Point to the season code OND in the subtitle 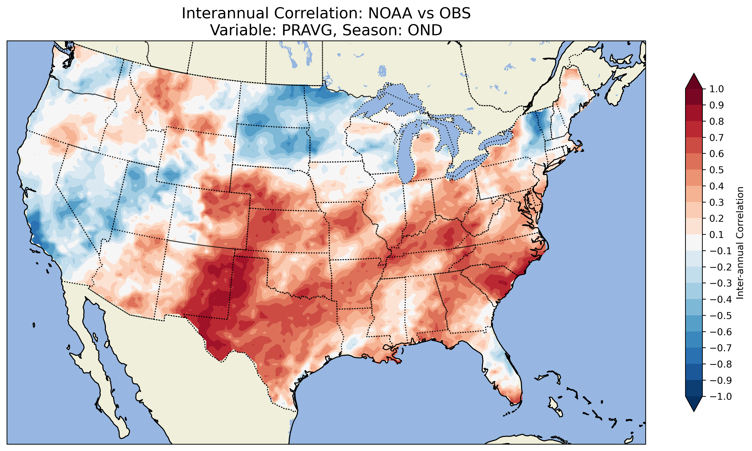425,30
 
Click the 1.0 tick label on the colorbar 717,89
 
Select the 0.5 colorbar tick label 717,170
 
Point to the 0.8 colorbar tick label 717,122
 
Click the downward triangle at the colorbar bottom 694,404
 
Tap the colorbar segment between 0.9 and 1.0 694,97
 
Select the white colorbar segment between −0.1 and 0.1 694,243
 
